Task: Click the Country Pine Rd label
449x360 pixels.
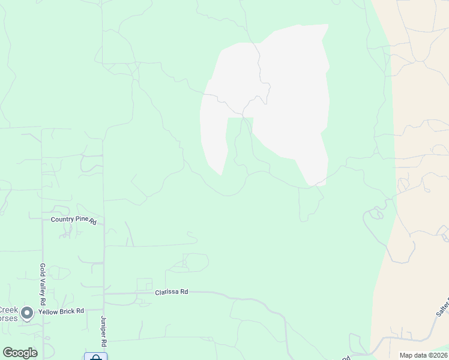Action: tap(73, 220)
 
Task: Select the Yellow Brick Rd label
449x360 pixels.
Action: tap(61, 312)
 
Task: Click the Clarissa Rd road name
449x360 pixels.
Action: tap(172, 292)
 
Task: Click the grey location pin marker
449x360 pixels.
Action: tap(26, 313)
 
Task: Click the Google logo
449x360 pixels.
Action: tap(20, 353)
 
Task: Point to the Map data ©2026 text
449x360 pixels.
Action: tap(423, 355)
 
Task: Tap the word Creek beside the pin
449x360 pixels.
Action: tap(8, 310)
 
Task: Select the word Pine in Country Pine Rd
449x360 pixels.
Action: tap(82, 220)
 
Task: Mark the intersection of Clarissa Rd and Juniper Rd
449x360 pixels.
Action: tap(104, 294)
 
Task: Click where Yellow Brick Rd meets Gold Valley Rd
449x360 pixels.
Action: tap(43, 312)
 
